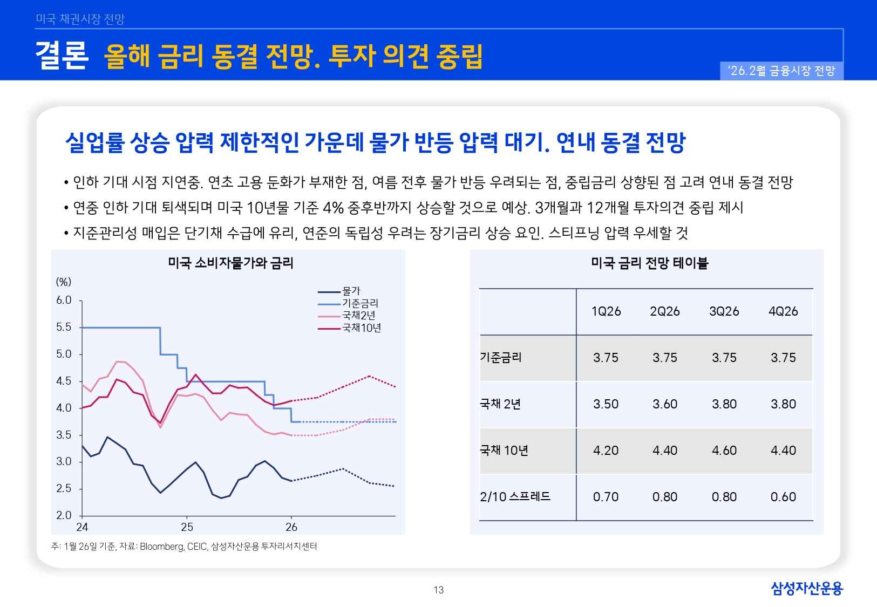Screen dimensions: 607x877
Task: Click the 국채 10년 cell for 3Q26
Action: pos(724,451)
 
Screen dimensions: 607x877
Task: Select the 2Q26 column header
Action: pos(664,311)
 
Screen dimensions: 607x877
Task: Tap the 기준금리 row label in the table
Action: pos(501,358)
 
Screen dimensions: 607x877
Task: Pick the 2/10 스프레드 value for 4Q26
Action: pos(783,497)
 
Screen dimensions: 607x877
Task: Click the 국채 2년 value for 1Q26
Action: pos(606,404)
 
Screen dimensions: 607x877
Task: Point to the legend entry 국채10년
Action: pos(361,328)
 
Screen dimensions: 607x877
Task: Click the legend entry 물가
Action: pos(351,291)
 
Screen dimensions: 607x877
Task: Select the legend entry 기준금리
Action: pos(360,303)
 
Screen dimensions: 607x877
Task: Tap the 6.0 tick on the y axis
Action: pos(64,300)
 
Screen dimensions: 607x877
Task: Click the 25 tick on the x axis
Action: pos(187,527)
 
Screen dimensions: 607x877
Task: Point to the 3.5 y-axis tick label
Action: pos(64,435)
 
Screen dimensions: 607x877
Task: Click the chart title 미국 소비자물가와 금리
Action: pos(230,263)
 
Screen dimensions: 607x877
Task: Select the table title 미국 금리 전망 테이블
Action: pos(649,263)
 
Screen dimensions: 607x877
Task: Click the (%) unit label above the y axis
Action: pos(64,282)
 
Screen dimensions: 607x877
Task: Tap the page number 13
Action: pos(438,590)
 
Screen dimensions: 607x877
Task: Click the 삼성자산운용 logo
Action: pos(806,588)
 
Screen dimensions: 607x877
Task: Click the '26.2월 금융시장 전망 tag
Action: pos(781,71)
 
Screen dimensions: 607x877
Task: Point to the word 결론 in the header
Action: pos(62,55)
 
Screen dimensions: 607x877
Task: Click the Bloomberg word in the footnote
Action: pos(161,547)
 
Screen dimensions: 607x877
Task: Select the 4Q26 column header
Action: pos(783,311)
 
